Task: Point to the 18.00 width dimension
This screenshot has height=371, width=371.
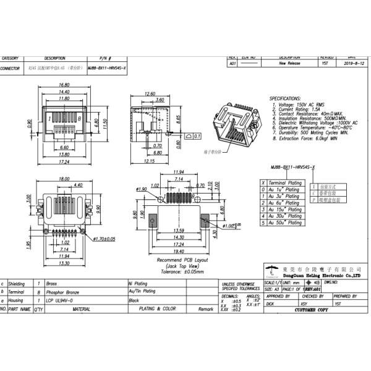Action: pos(63,179)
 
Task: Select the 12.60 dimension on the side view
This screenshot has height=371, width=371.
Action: pos(149,93)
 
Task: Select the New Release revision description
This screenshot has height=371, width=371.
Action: pos(289,63)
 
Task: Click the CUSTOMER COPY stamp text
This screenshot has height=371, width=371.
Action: pos(317,310)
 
